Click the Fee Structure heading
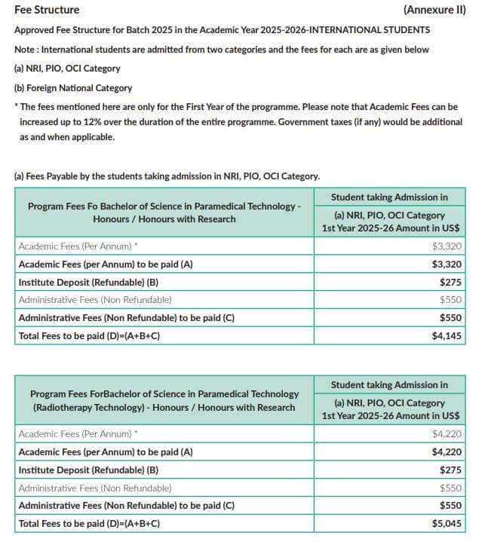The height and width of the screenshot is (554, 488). point(47,10)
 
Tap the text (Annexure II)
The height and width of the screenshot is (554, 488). point(434,10)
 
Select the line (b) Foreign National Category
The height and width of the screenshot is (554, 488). point(73,87)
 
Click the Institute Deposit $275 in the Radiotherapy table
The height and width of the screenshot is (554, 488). point(450,470)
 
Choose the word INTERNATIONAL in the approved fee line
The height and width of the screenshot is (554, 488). point(343,30)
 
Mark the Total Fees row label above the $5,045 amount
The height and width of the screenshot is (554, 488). point(89,523)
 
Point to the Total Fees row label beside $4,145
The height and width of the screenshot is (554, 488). point(89,336)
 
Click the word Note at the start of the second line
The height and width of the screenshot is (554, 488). point(24,49)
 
